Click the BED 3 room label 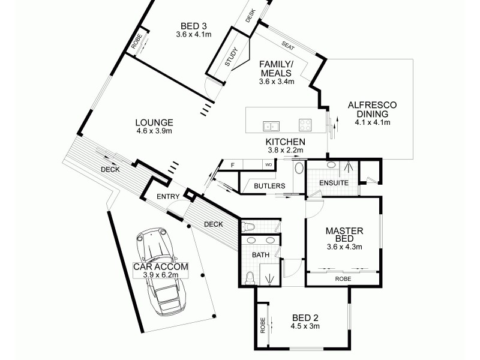click(x=194, y=26)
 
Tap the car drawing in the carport click(x=161, y=270)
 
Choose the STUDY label click(x=232, y=58)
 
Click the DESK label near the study click(x=251, y=14)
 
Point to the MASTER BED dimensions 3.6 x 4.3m click(x=341, y=247)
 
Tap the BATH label click(x=260, y=255)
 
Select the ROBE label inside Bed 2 click(x=262, y=326)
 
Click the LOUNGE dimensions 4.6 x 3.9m click(x=154, y=130)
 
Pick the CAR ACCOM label click(x=161, y=266)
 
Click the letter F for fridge click(x=232, y=164)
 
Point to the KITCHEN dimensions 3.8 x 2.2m click(x=286, y=150)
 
